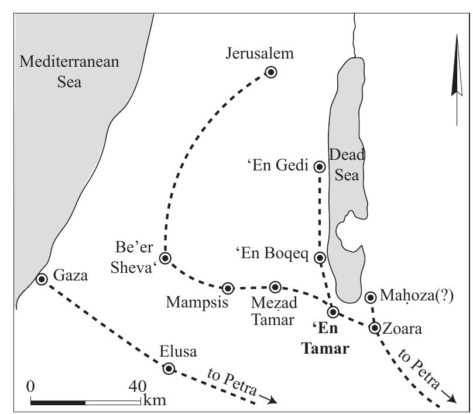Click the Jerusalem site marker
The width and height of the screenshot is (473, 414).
(x=271, y=72)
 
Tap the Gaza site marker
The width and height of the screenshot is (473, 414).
(x=42, y=279)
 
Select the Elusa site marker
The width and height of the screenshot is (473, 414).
(x=169, y=368)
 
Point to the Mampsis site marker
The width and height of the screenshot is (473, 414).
(x=228, y=288)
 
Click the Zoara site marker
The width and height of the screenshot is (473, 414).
(x=375, y=327)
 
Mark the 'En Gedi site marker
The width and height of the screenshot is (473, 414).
(x=320, y=166)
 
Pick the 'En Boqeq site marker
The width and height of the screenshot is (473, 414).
(x=320, y=258)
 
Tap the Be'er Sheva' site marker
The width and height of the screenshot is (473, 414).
(x=165, y=258)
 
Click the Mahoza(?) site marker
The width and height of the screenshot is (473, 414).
(x=370, y=297)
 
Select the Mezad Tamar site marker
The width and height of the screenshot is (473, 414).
(x=276, y=286)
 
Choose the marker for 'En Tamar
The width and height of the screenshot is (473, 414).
(x=333, y=312)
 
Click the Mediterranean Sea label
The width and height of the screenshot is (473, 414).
(x=69, y=71)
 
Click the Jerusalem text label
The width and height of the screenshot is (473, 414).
(x=259, y=54)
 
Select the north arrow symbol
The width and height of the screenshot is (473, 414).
(x=457, y=79)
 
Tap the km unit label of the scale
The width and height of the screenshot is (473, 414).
(x=153, y=401)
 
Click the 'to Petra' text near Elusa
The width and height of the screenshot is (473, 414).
(x=233, y=384)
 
